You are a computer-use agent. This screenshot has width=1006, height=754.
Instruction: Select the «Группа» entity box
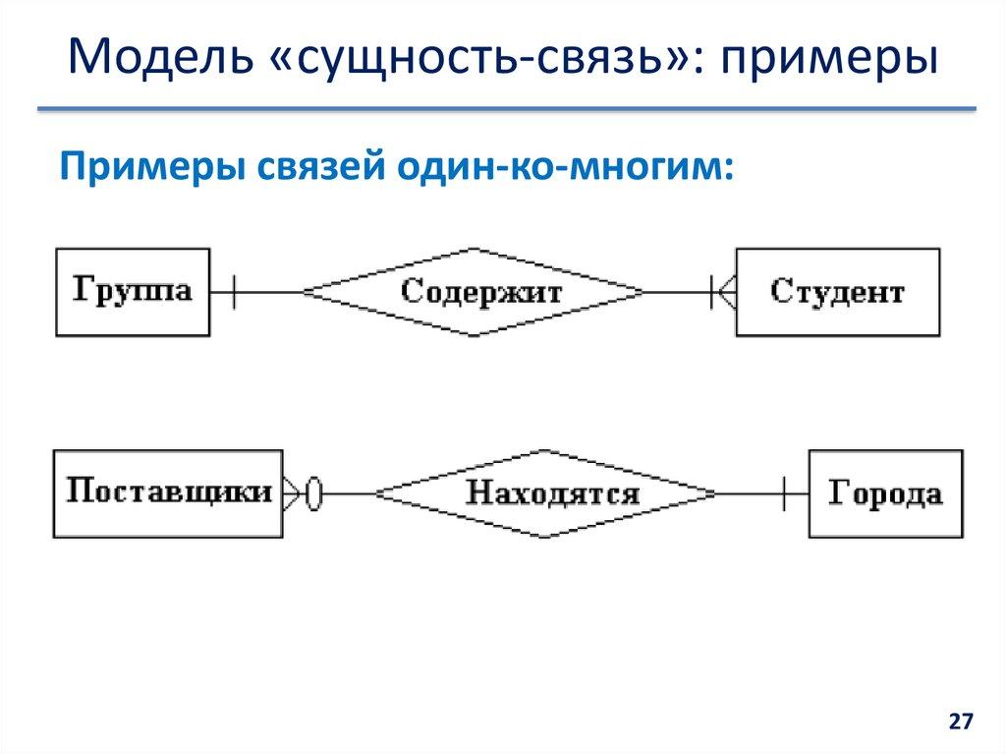[x=132, y=292]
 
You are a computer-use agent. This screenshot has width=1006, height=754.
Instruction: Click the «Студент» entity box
[x=837, y=292]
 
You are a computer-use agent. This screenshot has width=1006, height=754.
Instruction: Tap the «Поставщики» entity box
[x=168, y=493]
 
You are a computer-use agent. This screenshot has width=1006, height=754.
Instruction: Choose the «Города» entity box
[x=884, y=493]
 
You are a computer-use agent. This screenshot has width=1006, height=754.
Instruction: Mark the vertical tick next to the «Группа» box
[x=232, y=292]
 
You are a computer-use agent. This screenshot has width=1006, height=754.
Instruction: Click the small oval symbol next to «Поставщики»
[x=313, y=493]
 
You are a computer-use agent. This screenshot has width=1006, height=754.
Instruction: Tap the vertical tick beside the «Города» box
[x=784, y=493]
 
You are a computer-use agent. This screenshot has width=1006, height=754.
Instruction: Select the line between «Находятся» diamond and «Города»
[x=752, y=493]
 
